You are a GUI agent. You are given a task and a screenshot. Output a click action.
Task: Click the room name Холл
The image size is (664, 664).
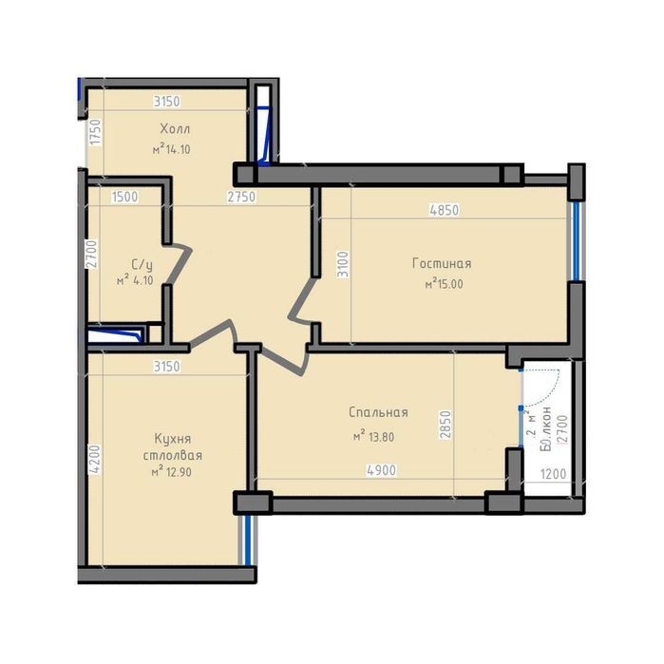point(175,129)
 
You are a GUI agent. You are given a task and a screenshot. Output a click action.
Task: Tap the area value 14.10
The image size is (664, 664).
point(176,149)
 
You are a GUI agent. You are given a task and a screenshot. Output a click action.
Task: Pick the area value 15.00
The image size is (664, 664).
point(448,283)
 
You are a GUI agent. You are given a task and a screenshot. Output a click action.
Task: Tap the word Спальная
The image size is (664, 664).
point(378,412)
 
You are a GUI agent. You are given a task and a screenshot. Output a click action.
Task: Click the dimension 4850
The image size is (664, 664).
point(445,210)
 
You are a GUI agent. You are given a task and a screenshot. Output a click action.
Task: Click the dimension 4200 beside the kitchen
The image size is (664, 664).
point(92,460)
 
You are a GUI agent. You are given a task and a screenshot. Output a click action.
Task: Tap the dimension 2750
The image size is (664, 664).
point(241,197)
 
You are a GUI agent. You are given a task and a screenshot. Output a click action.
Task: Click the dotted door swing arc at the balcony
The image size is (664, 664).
point(554,382)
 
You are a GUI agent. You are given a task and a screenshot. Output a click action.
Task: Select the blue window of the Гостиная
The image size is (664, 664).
point(574,240)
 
